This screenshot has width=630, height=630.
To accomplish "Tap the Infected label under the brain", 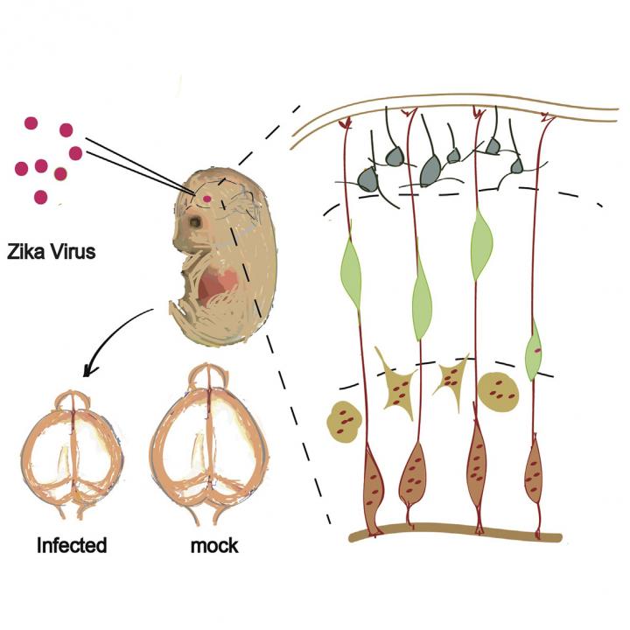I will coord(72,546).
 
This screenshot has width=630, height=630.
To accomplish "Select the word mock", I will coord(213,546).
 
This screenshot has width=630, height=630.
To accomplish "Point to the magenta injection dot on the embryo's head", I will coord(206,199).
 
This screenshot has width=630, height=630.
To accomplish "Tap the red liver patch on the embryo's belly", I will coord(219,286).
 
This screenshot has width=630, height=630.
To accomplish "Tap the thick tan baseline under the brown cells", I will coord(455,532).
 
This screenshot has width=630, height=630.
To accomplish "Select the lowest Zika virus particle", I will coord(40,197).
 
